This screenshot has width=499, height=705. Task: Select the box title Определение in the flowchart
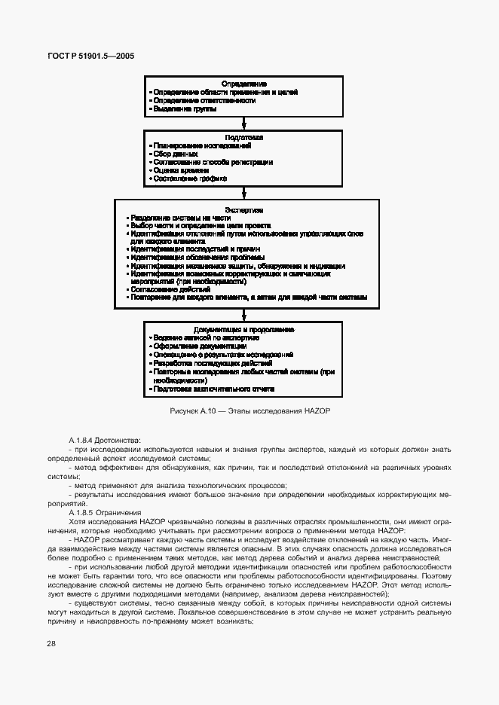coord(244,83)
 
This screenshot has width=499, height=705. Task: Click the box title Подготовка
coord(244,137)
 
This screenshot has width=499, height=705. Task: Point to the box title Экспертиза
coord(244,209)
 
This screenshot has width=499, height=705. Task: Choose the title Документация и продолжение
coord(243,329)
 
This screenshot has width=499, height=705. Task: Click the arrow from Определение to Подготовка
coord(244,124)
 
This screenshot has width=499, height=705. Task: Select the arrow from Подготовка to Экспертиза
coord(244,192)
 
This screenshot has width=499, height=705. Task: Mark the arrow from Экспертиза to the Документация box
coord(244,313)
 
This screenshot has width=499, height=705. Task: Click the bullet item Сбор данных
coord(176,154)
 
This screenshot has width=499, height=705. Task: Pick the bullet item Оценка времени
coord(180,170)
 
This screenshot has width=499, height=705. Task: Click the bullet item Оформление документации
coord(188,346)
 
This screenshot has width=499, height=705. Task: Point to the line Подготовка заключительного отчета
coord(213,389)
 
